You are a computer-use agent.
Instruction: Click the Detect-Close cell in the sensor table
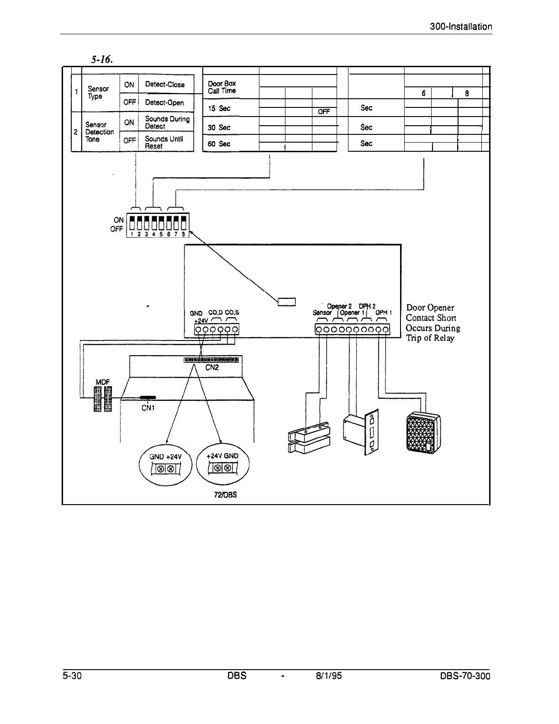point(164,85)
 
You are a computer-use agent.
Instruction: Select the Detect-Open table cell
point(164,103)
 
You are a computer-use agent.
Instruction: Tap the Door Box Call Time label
point(222,87)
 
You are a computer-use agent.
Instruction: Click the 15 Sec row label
point(219,108)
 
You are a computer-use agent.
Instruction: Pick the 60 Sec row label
point(219,144)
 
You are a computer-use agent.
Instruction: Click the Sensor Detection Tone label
point(99,132)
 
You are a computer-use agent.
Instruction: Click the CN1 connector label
point(148,408)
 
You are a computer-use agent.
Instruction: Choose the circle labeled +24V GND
point(222,464)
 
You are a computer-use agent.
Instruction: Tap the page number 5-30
point(72,676)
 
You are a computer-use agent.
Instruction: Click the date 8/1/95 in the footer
point(328,676)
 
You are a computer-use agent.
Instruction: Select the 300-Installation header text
point(461,27)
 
